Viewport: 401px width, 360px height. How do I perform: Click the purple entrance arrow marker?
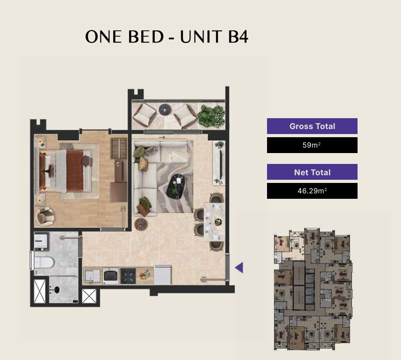pyautogui.click(x=239, y=268)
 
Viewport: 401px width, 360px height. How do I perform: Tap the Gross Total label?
pyautogui.click(x=312, y=126)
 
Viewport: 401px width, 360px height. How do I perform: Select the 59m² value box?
pyautogui.click(x=312, y=145)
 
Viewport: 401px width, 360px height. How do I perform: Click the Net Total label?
pyautogui.click(x=312, y=172)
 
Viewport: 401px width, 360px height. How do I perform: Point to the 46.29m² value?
pyautogui.click(x=312, y=191)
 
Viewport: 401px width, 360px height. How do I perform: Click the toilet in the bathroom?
pyautogui.click(x=43, y=263)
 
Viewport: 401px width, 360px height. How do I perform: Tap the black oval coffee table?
pyautogui.click(x=176, y=186)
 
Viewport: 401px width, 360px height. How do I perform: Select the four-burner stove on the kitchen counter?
pyautogui.click(x=128, y=276)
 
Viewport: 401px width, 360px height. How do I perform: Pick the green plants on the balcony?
pyautogui.click(x=211, y=116)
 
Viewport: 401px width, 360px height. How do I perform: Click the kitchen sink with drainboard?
pyautogui.click(x=92, y=276)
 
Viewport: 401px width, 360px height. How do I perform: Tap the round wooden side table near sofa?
pyautogui.click(x=141, y=224)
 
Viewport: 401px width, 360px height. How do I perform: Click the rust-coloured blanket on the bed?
pyautogui.click(x=75, y=171)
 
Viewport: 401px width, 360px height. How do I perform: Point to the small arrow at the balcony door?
pyautogui.click(x=162, y=137)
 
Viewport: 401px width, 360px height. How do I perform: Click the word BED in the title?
pyautogui.click(x=146, y=37)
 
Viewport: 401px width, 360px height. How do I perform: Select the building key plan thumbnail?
pyautogui.click(x=313, y=289)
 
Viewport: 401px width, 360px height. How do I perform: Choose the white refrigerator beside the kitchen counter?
pyautogui.click(x=162, y=275)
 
